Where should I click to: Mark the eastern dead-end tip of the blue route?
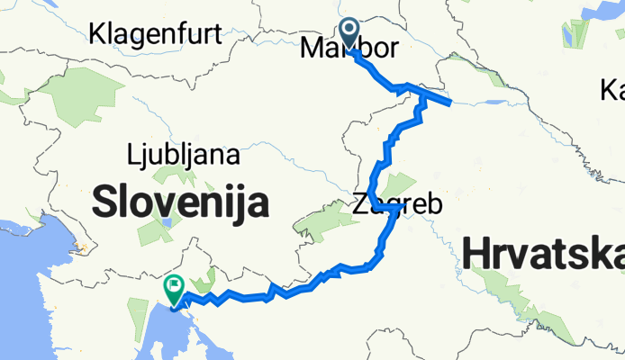(449, 103)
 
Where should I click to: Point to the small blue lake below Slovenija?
(168, 220)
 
